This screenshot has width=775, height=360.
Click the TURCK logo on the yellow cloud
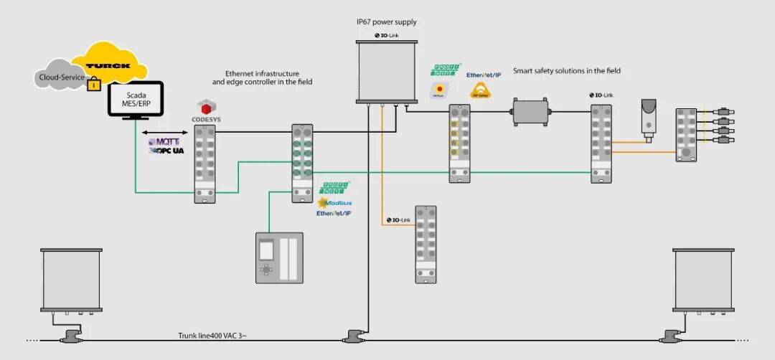point(108,66)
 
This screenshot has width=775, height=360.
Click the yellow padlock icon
point(92,85)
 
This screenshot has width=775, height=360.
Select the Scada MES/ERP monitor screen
point(135,98)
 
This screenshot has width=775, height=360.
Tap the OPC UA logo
point(166,151)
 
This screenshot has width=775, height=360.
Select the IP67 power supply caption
point(387,22)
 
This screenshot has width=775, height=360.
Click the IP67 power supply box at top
point(387,70)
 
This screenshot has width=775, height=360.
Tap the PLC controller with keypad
point(280,257)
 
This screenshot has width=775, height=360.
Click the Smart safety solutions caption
point(566,71)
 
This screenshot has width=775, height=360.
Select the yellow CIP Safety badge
point(479,90)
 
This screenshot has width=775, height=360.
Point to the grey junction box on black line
point(530,111)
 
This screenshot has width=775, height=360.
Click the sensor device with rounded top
point(649,118)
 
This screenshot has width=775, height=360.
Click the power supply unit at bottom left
point(70,279)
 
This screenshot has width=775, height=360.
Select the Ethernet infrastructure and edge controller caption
point(262,77)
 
